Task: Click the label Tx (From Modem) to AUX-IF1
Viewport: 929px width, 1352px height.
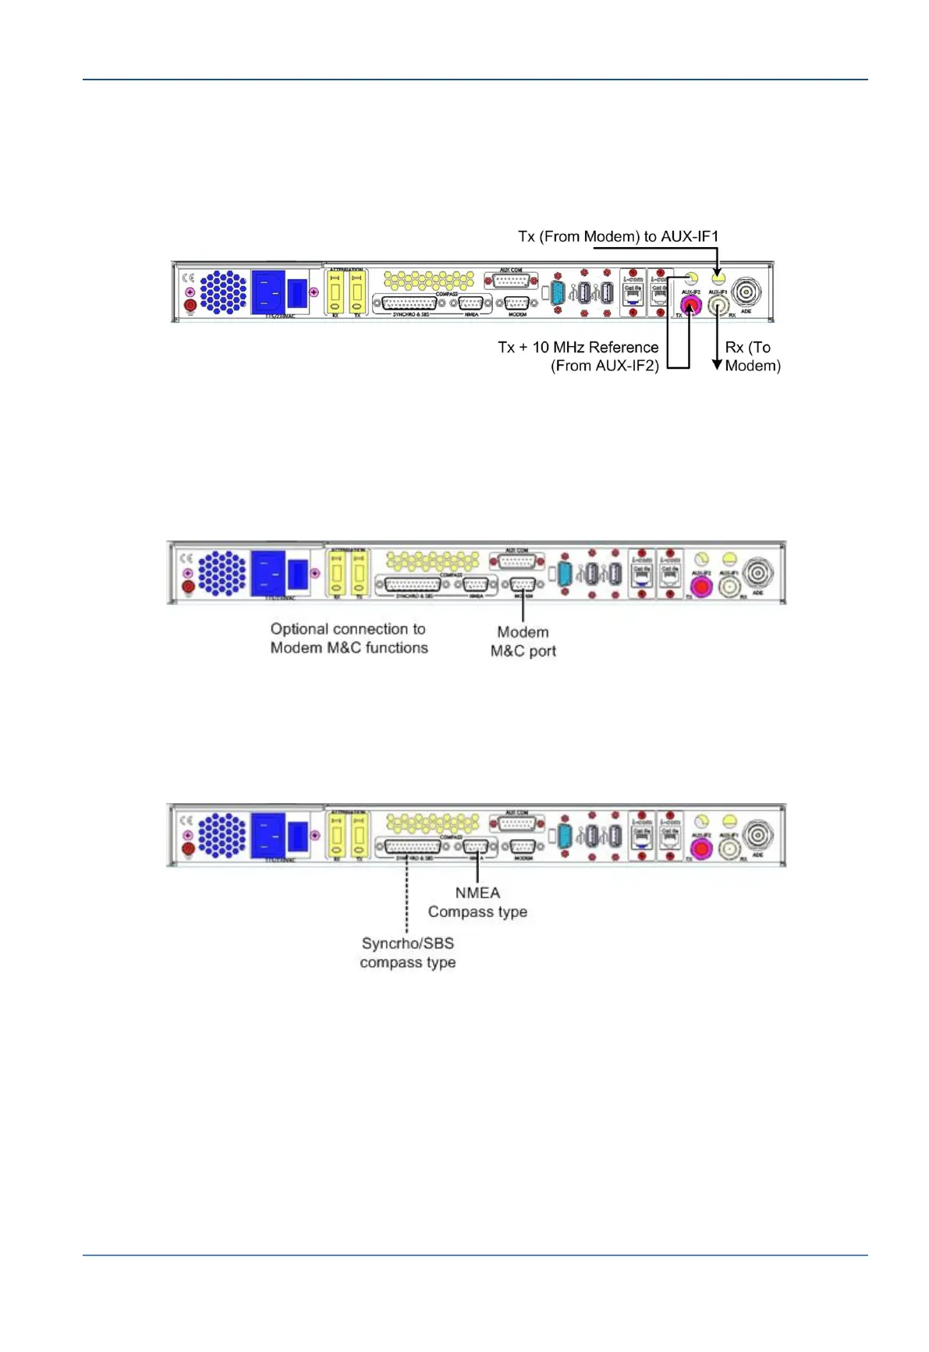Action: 618,236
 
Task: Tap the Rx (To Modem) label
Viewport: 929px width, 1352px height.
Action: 752,356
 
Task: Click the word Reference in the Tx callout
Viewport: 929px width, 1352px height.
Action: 623,348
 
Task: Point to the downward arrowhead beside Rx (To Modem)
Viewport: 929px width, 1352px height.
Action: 717,364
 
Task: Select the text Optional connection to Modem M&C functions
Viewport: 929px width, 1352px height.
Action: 349,639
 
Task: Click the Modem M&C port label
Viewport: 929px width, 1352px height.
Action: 523,642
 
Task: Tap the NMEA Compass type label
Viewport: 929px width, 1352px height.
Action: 477,902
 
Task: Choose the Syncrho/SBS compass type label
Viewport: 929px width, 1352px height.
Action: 407,953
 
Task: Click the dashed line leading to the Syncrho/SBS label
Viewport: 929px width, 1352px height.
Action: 406,897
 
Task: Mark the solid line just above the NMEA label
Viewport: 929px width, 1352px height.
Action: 477,869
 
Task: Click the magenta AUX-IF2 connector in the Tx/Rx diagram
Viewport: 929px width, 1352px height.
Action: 690,305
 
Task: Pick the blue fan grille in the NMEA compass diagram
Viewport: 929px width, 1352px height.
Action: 222,835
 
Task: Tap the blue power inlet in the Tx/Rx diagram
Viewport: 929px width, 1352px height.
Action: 267,292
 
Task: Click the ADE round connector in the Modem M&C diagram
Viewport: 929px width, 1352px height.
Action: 757,573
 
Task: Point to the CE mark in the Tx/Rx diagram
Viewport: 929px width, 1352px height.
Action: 187,278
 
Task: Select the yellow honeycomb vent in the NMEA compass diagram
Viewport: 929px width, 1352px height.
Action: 432,823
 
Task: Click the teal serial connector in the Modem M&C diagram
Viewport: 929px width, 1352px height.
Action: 565,575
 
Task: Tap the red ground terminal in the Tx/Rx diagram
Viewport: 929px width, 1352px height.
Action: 190,305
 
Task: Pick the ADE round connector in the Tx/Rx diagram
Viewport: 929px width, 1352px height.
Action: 746,293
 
